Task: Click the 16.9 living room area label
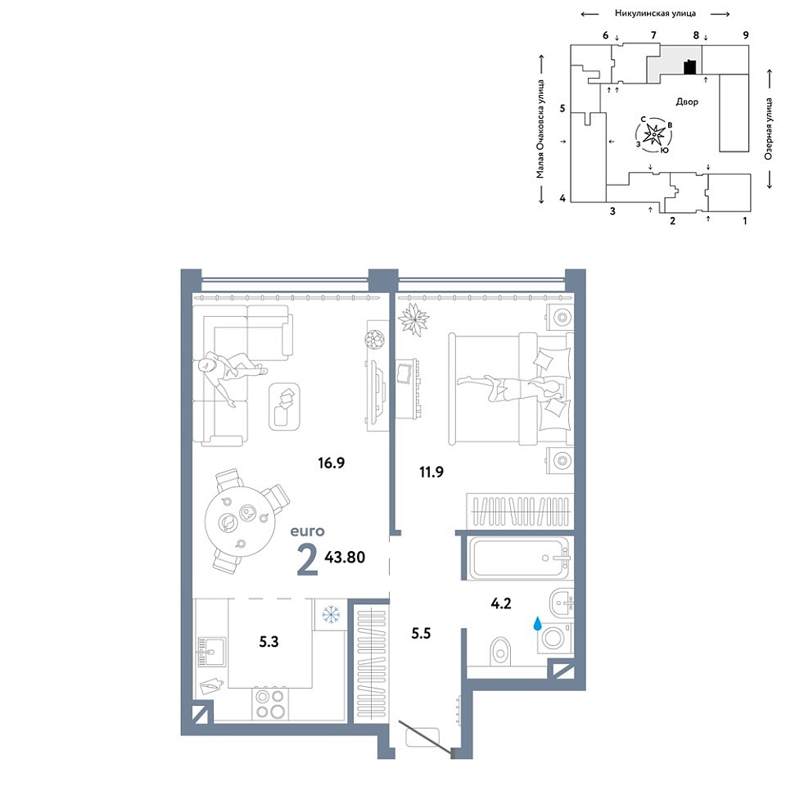click(332, 463)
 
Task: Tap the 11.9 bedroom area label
click(431, 472)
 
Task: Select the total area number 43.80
click(345, 557)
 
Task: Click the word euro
click(308, 531)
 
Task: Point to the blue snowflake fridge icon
click(331, 614)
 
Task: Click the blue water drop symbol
click(537, 623)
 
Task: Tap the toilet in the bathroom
click(499, 652)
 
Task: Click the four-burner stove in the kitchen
click(271, 704)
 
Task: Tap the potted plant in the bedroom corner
click(413, 319)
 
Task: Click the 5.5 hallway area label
click(421, 633)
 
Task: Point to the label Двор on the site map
click(687, 102)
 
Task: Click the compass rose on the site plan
click(654, 134)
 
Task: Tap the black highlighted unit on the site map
click(690, 67)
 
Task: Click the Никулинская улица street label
click(655, 14)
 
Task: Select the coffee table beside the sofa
click(284, 407)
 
